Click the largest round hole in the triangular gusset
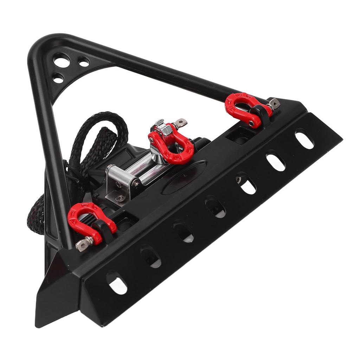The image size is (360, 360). point(61,58)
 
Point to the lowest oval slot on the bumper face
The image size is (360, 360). point(117,282)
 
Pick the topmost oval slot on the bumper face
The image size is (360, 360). point(304,139)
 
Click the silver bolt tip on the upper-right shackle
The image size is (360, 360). point(275,103)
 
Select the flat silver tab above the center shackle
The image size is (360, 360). point(181,123)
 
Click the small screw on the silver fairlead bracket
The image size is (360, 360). point(121,198)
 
